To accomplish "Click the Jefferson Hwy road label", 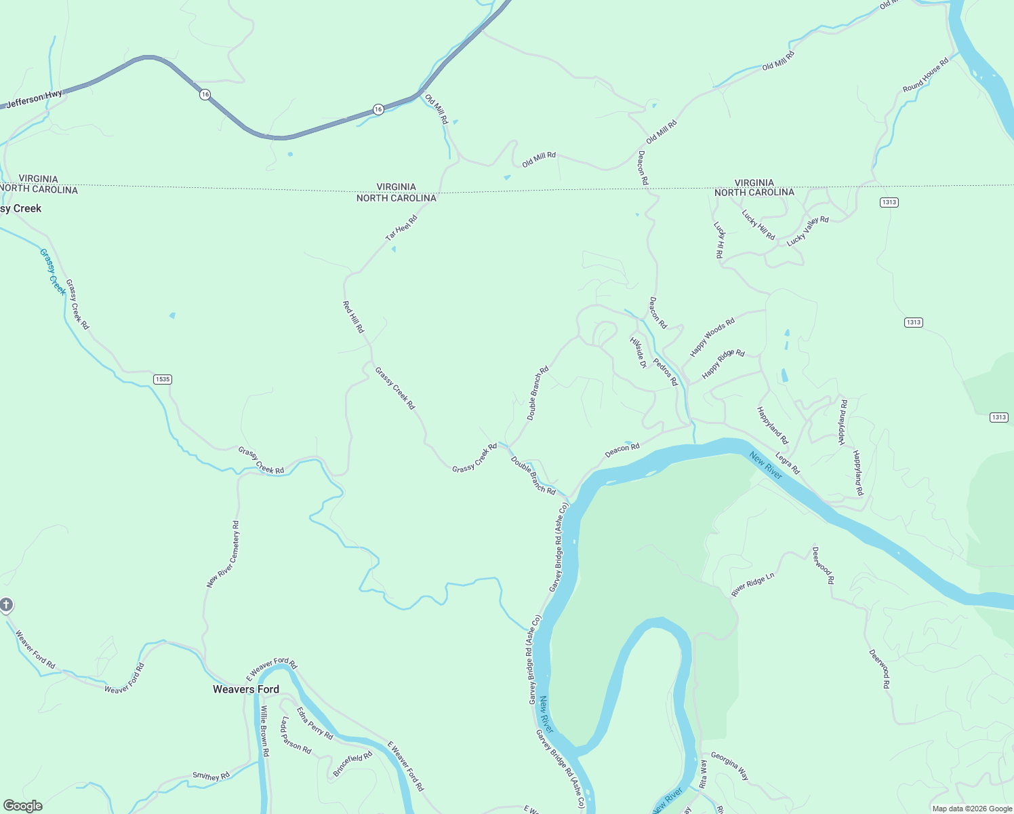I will [34, 99].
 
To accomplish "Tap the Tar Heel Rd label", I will [401, 227].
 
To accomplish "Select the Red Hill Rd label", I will [353, 317].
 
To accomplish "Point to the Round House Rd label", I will [926, 75].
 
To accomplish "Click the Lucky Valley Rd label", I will [807, 231].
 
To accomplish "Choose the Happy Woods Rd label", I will [712, 337].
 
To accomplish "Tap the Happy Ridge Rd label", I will [723, 364].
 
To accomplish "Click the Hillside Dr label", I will [638, 352].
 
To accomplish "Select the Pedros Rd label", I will [665, 372].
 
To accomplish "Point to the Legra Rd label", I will [788, 463].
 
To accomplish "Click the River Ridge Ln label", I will [752, 585].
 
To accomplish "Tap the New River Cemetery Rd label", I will [223, 554].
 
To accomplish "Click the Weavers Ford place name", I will [245, 689].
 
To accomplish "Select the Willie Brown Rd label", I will [265, 731].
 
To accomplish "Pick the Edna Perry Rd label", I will [315, 723].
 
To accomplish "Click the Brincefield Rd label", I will [352, 764].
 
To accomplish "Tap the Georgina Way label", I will [729, 765].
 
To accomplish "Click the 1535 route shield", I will [162, 379].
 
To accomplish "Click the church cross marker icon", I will [6, 604].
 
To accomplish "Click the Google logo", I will [22, 806].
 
